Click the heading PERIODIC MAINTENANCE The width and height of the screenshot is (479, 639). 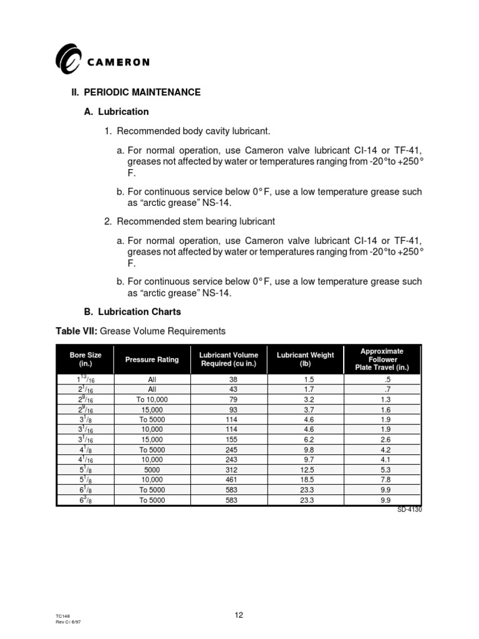[x=142, y=92]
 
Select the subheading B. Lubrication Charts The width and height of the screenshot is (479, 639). [x=132, y=311]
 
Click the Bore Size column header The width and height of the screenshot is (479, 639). [x=85, y=359]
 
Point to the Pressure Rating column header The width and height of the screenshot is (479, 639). [x=152, y=359]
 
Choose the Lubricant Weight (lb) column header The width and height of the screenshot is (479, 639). [x=305, y=359]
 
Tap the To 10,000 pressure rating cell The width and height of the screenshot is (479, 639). [x=152, y=399]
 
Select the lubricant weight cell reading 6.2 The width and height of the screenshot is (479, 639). [x=305, y=439]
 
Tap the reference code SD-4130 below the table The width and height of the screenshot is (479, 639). [x=409, y=509]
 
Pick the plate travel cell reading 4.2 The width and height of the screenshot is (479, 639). [x=385, y=449]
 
